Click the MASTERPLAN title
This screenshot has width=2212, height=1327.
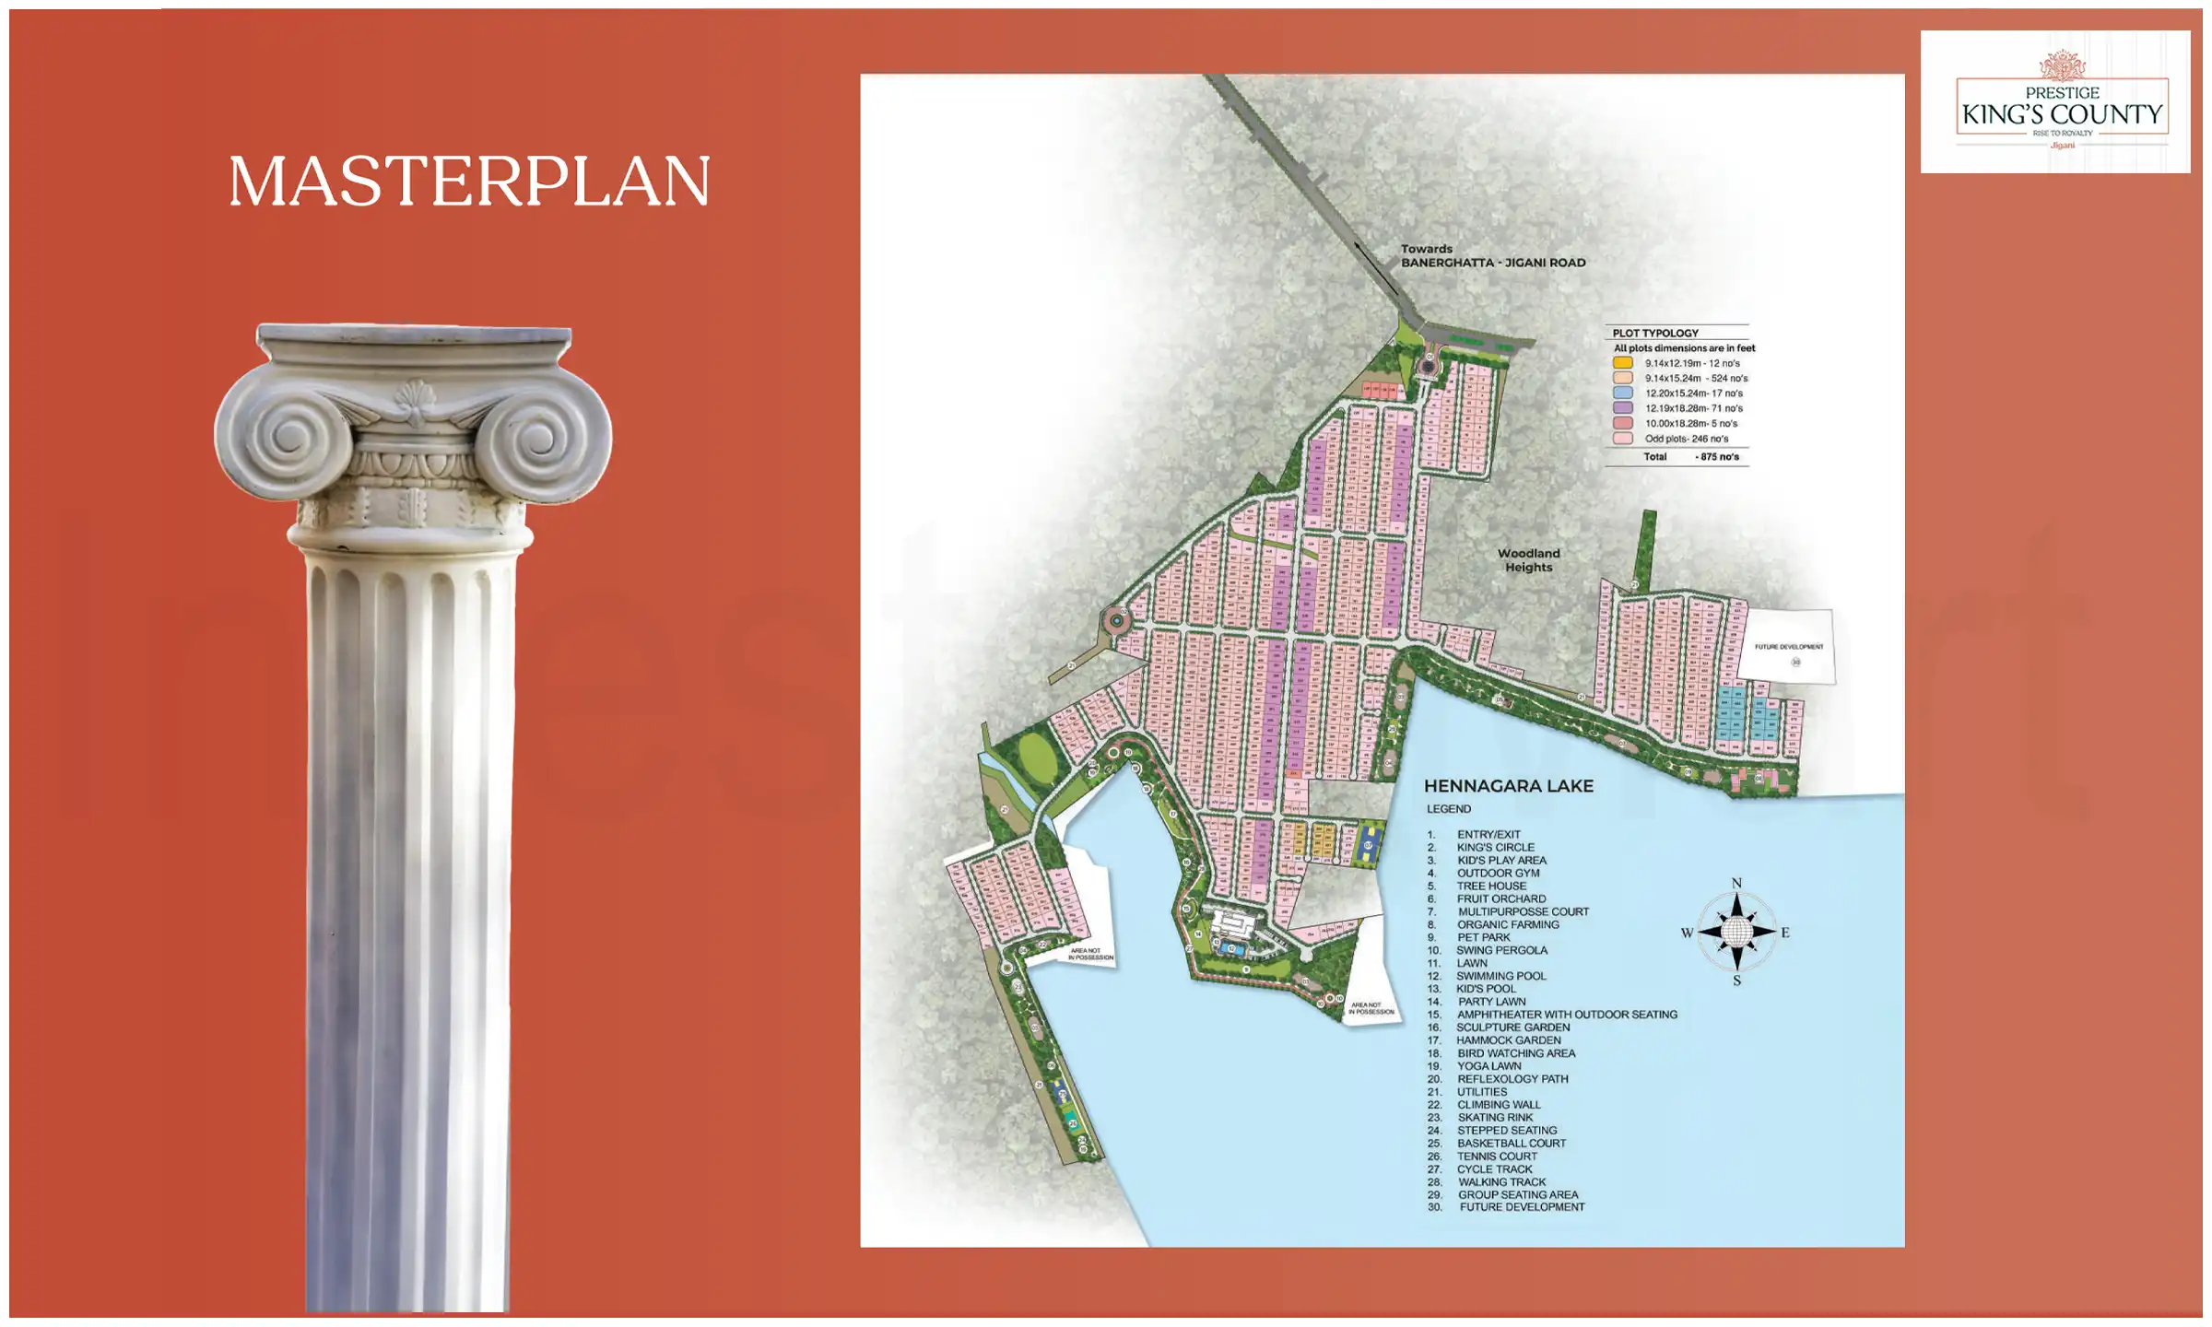click(x=469, y=181)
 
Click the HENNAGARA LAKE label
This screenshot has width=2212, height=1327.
click(x=1508, y=786)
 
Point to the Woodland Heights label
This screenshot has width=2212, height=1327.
click(x=1528, y=560)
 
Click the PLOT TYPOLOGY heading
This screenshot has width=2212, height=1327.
click(x=1655, y=333)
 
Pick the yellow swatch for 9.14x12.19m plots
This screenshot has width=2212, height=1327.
click(x=1623, y=363)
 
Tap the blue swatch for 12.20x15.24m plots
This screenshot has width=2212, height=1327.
click(x=1623, y=393)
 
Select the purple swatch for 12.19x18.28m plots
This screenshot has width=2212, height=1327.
click(x=1623, y=408)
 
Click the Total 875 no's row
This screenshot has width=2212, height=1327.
click(x=1690, y=457)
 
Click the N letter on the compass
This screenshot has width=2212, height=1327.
click(x=1736, y=884)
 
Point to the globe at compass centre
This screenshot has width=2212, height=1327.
click(x=1736, y=933)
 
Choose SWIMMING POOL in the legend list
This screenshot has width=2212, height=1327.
click(x=1500, y=976)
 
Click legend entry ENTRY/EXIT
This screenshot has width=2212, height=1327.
click(x=1488, y=834)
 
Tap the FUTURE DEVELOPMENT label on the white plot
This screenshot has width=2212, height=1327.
click(x=1788, y=647)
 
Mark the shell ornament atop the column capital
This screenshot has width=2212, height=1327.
click(x=414, y=397)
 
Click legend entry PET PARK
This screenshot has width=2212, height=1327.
click(x=1483, y=937)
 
